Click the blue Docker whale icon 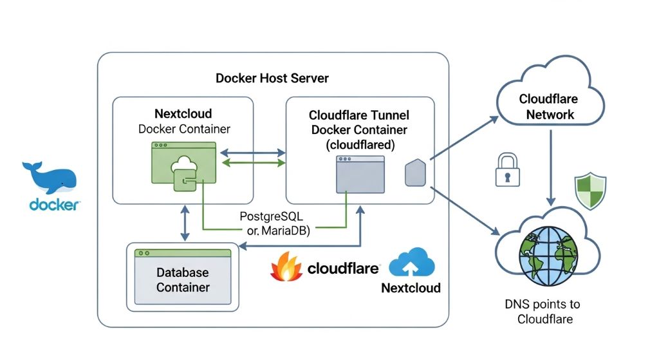pyautogui.click(x=50, y=177)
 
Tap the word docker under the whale pyautogui.click(x=55, y=205)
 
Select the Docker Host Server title pyautogui.click(x=272, y=79)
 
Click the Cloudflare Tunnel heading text pyautogui.click(x=358, y=116)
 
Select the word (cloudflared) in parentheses pyautogui.click(x=359, y=144)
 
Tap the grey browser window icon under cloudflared pyautogui.click(x=360, y=174)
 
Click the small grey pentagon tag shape pyautogui.click(x=413, y=175)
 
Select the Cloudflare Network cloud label pyautogui.click(x=549, y=107)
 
